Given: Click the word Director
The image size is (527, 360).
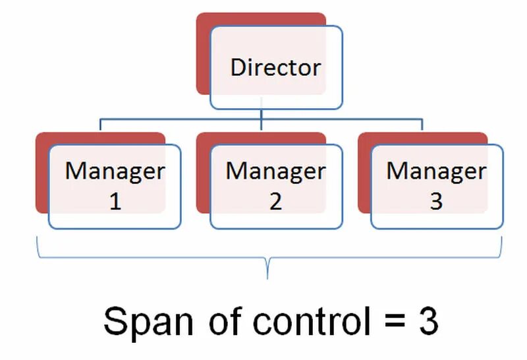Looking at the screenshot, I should pyautogui.click(x=275, y=67).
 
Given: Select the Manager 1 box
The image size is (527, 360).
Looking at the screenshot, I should pyautogui.click(x=114, y=187).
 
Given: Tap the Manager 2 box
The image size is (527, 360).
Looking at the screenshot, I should pyautogui.click(x=275, y=187).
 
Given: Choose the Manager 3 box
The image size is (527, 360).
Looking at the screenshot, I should pyautogui.click(x=436, y=187).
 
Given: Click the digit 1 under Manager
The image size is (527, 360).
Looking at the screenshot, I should pyautogui.click(x=115, y=202).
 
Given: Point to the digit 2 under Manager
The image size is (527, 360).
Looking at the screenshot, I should pyautogui.click(x=275, y=202).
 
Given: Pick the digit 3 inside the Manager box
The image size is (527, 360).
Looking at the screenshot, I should pyautogui.click(x=436, y=202).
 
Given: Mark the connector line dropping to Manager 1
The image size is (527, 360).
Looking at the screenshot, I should pyautogui.click(x=100, y=127).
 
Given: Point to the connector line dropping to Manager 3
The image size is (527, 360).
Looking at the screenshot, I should pyautogui.click(x=422, y=127).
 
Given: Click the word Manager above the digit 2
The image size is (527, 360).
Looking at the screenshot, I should pyautogui.click(x=275, y=171).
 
